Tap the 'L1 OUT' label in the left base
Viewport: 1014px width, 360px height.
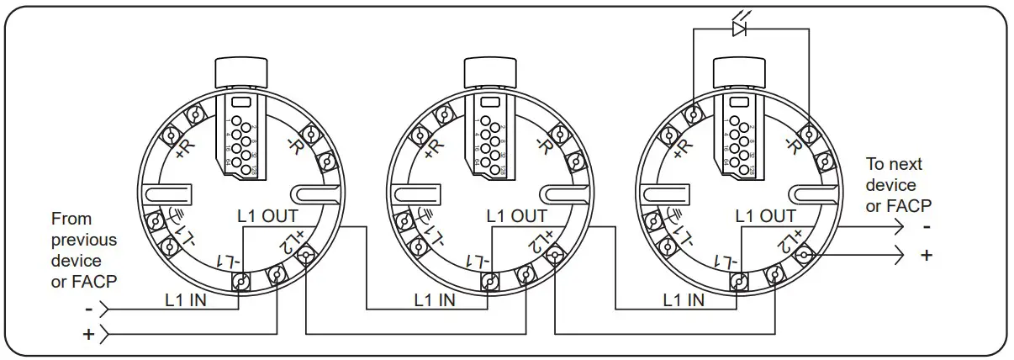[268, 216]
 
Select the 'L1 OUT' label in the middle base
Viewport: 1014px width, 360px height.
[516, 216]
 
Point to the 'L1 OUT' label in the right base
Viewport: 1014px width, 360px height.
[765, 216]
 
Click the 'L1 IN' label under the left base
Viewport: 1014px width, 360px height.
[188, 299]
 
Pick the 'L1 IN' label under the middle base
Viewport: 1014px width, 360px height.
[436, 299]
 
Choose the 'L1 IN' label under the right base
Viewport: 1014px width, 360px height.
[684, 299]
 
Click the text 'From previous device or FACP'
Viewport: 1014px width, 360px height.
[84, 250]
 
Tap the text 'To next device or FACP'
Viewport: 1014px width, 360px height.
[899, 185]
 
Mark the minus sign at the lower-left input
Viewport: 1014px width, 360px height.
[88, 308]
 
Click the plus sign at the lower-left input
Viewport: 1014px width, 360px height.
[88, 335]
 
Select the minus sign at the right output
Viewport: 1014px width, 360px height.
[926, 227]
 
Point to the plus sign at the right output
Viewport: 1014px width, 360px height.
[927, 255]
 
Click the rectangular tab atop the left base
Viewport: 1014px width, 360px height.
[240, 73]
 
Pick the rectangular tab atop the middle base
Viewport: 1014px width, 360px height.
[489, 73]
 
